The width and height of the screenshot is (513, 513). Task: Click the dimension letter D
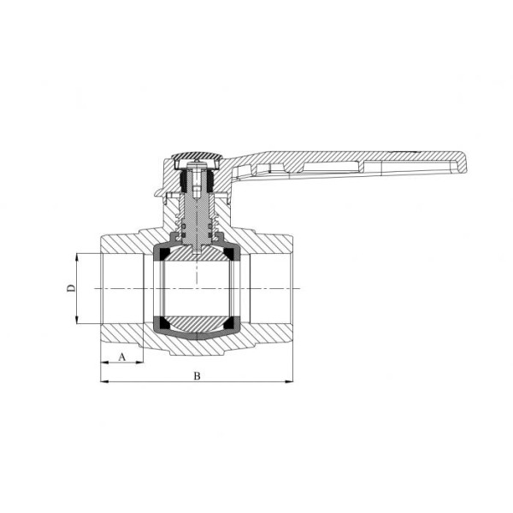tap(72, 288)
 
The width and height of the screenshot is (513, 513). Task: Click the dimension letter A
tap(121, 355)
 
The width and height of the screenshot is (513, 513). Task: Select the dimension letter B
tap(197, 375)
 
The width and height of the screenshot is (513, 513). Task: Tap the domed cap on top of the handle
tap(196, 158)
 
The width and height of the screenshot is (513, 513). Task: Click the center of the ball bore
tap(197, 288)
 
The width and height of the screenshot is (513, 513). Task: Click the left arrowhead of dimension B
tap(104, 381)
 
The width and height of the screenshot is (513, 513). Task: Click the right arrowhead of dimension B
tap(290, 381)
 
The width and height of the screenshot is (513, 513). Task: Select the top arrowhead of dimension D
tap(78, 256)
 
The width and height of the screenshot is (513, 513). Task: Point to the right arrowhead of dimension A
tap(140, 362)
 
